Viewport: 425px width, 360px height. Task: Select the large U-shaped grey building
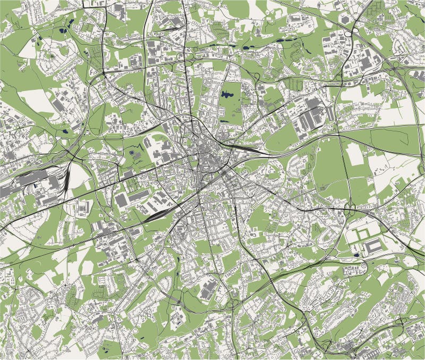click(373, 246)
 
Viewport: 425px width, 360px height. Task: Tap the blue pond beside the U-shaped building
click(355, 255)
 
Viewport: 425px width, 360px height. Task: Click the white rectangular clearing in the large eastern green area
click(354, 154)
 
